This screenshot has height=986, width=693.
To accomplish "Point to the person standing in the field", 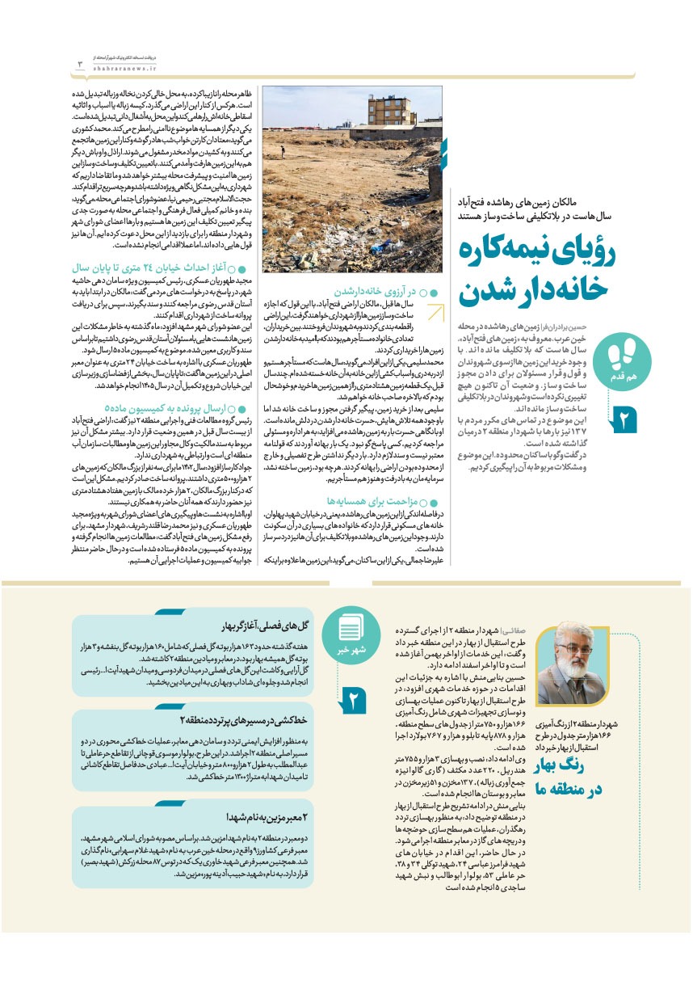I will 282,150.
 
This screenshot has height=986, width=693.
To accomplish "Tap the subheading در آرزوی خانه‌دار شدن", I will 380,291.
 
